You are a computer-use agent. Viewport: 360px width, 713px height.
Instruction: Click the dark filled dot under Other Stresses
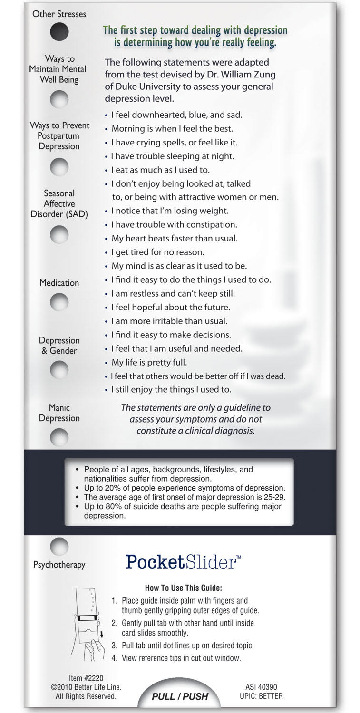tap(59, 32)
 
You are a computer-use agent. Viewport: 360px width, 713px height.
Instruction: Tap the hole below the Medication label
tap(59, 302)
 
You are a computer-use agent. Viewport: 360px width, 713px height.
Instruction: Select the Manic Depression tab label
tap(59, 413)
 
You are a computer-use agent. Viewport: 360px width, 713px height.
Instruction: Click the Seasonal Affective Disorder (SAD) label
tap(59, 203)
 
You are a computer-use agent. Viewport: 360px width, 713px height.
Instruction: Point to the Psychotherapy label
tap(59, 565)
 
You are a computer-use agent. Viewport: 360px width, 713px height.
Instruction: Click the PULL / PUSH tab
tap(180, 696)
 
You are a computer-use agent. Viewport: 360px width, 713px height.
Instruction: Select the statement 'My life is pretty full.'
tap(149, 362)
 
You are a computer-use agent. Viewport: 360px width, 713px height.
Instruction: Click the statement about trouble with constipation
tap(174, 224)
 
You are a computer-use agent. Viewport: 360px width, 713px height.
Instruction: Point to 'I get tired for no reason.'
tap(157, 252)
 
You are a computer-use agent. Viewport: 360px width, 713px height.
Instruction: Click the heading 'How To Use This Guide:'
tap(183, 588)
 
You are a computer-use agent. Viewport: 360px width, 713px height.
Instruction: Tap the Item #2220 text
tap(86, 678)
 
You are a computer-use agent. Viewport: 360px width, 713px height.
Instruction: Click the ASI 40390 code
tap(261, 687)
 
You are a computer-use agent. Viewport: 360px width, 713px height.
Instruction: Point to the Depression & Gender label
tap(59, 346)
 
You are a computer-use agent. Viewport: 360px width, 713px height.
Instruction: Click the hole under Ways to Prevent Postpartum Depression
tap(59, 167)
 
